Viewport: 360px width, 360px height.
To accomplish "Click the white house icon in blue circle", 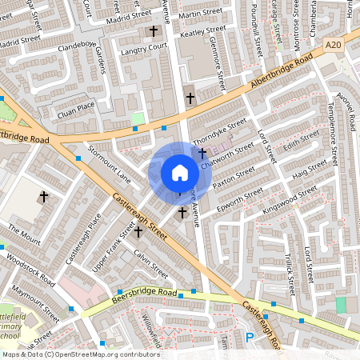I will click(x=180, y=173).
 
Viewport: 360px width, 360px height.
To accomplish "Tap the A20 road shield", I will click(x=333, y=50).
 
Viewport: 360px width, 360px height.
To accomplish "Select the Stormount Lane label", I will click(x=109, y=162).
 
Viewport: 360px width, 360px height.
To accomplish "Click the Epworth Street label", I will click(x=241, y=198).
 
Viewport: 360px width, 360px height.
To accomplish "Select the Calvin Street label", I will click(x=150, y=260).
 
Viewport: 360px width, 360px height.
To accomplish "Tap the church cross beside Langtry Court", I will click(x=154, y=32).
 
